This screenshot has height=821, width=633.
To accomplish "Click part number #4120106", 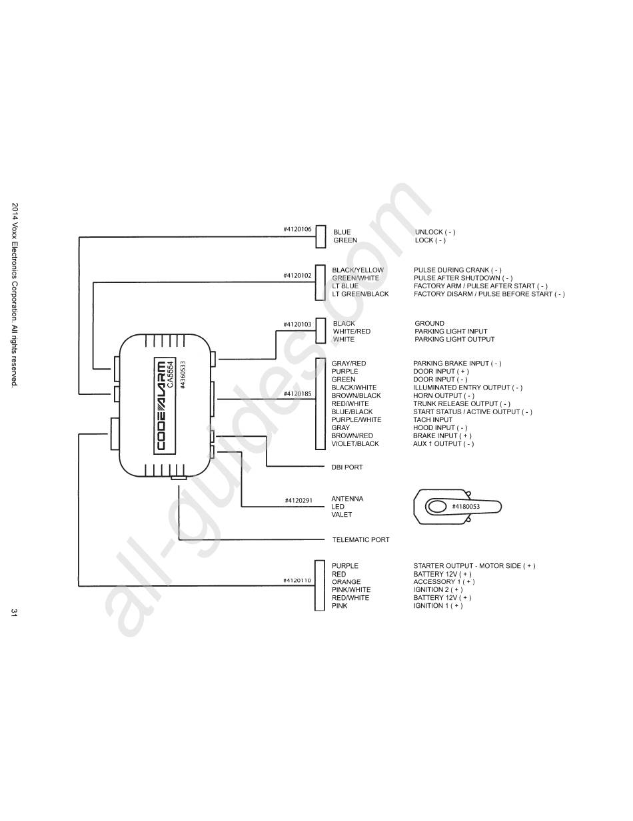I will coord(297,229).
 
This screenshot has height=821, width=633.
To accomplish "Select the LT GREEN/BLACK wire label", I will coord(360,294).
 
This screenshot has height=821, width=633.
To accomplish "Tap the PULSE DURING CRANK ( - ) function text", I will coord(458,270).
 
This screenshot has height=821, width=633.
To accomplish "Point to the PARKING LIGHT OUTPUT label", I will coord(454,340).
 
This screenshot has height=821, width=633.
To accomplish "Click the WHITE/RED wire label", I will coord(351,332).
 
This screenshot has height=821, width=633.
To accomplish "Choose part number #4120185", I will coord(297,394).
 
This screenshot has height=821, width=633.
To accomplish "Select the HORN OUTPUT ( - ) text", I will coord(443,396).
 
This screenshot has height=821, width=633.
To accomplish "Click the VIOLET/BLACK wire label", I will coord(354,444).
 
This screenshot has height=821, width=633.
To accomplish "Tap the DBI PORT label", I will coord(347,467).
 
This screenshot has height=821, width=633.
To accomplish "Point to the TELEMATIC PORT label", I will coord(360,540).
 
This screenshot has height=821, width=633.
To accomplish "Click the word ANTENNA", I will coord(347,499).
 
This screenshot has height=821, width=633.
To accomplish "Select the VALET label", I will coord(341,515).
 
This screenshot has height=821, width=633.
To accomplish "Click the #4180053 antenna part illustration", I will coord(456,507).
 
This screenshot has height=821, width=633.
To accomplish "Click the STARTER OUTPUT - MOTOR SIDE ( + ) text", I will coord(474,566).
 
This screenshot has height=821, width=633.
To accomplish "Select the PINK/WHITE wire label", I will coord(350,590).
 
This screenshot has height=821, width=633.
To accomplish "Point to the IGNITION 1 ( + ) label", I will coord(437,606).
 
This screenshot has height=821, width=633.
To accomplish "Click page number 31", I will coord(14,612).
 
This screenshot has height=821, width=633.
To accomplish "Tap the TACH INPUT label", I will coord(432,420).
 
